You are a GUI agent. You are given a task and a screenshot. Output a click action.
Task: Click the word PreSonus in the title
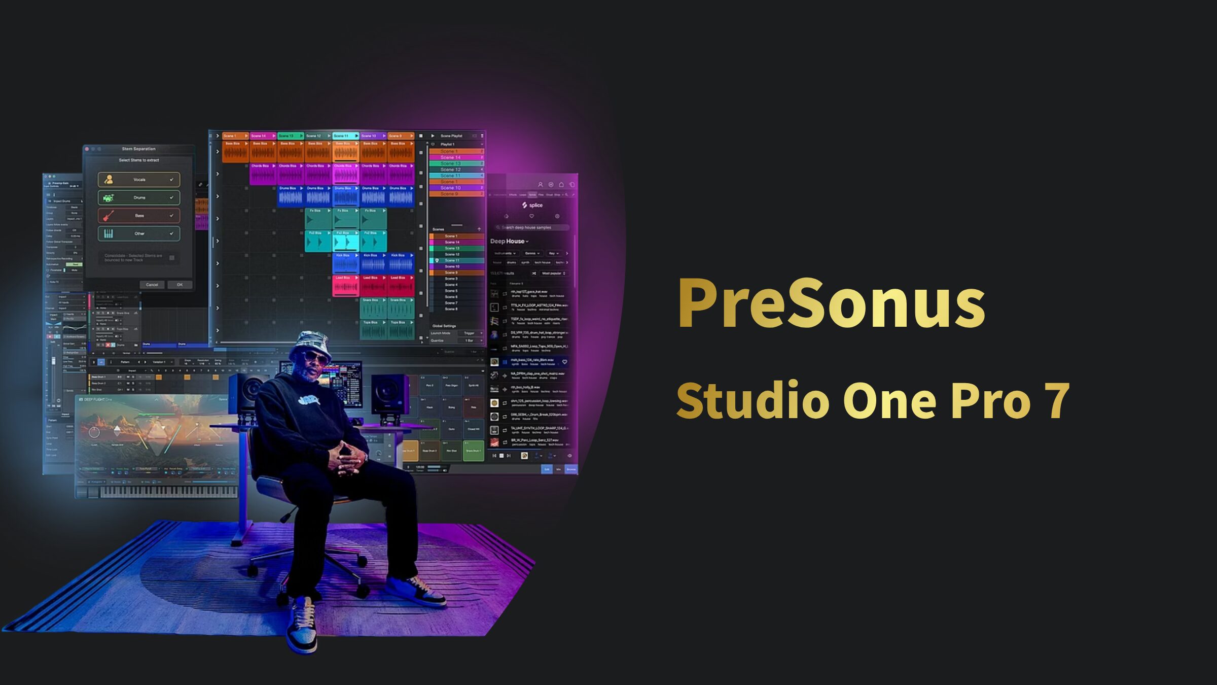(832, 303)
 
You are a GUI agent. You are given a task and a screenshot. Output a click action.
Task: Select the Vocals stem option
(139, 180)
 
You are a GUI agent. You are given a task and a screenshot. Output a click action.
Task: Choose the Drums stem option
(139, 198)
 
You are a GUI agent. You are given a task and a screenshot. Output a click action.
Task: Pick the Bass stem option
(139, 216)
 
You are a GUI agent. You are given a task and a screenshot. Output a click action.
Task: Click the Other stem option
(139, 234)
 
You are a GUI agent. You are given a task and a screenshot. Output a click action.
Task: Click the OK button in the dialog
(180, 285)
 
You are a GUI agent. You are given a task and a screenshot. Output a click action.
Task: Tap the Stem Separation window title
(138, 149)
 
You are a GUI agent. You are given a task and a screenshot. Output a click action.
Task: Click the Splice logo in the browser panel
(532, 205)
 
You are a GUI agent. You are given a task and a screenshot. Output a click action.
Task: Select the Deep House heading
(508, 242)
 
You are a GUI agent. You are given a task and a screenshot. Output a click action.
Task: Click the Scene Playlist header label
(451, 136)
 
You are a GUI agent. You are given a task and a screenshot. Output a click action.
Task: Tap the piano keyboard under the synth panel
(167, 491)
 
